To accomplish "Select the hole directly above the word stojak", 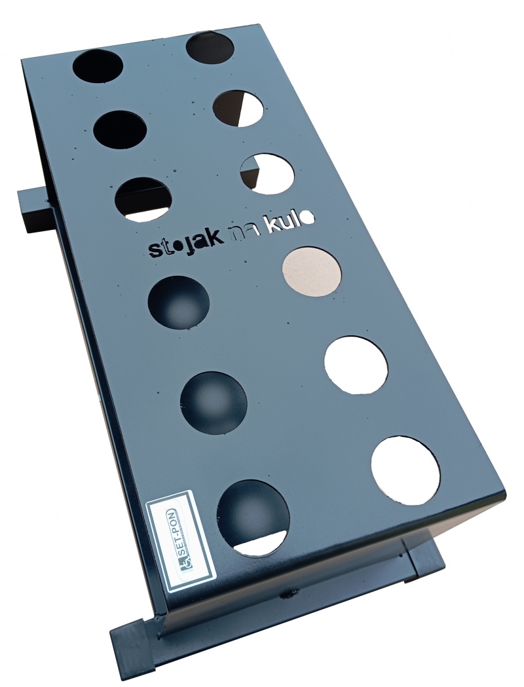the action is [x=144, y=199].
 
